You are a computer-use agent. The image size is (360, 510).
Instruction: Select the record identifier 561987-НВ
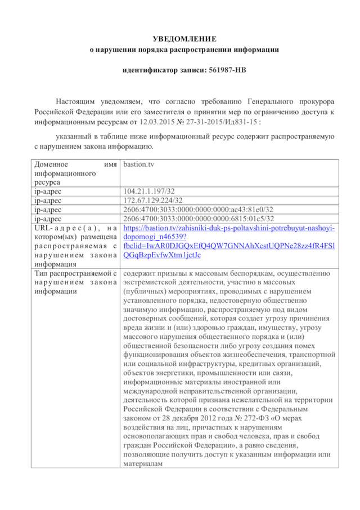pos(224,71)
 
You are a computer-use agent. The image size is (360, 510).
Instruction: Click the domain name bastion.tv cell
pos(138,164)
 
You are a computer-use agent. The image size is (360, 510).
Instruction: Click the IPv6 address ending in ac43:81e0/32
pos(198,209)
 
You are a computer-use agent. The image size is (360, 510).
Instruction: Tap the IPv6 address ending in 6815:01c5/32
pos(198,218)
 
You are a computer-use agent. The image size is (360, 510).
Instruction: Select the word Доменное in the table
pos(51,164)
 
